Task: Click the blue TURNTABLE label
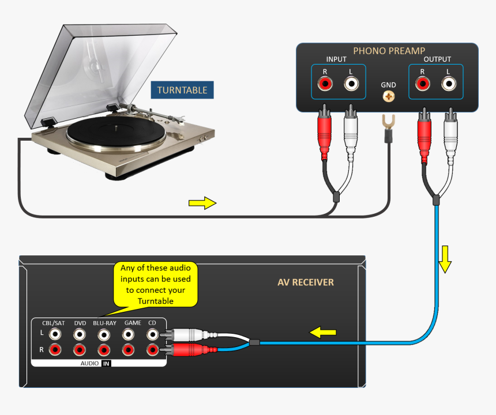182,90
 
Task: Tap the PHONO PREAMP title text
389,51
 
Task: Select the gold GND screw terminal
389,96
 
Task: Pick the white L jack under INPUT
351,84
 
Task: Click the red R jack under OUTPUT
422,84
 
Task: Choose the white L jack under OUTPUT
449,84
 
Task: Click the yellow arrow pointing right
202,202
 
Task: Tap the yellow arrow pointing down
445,260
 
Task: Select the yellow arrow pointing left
324,333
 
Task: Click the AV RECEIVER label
305,282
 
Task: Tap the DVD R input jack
80,349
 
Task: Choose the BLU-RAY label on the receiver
104,323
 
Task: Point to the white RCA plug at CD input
185,334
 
